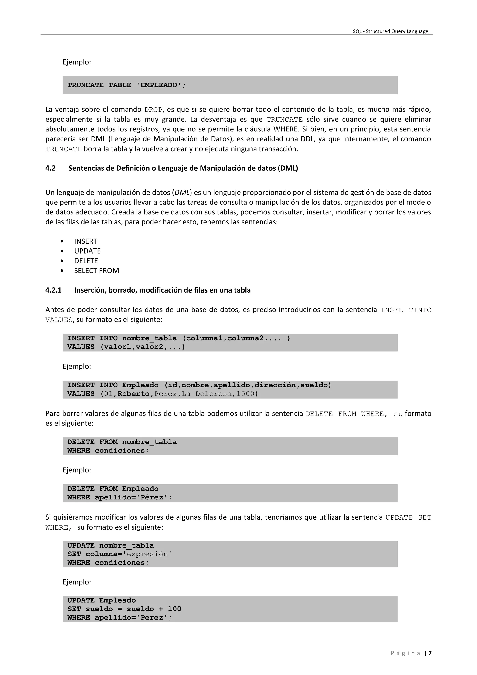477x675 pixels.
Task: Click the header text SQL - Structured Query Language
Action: (390, 31)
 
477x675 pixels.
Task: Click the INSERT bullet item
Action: (85, 241)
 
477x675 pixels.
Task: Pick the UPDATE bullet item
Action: (87, 251)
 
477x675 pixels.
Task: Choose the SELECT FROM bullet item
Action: (96, 271)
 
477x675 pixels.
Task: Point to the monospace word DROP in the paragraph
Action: (153, 110)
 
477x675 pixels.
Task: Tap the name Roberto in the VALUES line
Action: (133, 394)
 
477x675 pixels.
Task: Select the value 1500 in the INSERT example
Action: (245, 394)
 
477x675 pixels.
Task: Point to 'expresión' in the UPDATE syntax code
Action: (147, 554)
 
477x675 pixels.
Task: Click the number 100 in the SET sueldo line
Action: (174, 609)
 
